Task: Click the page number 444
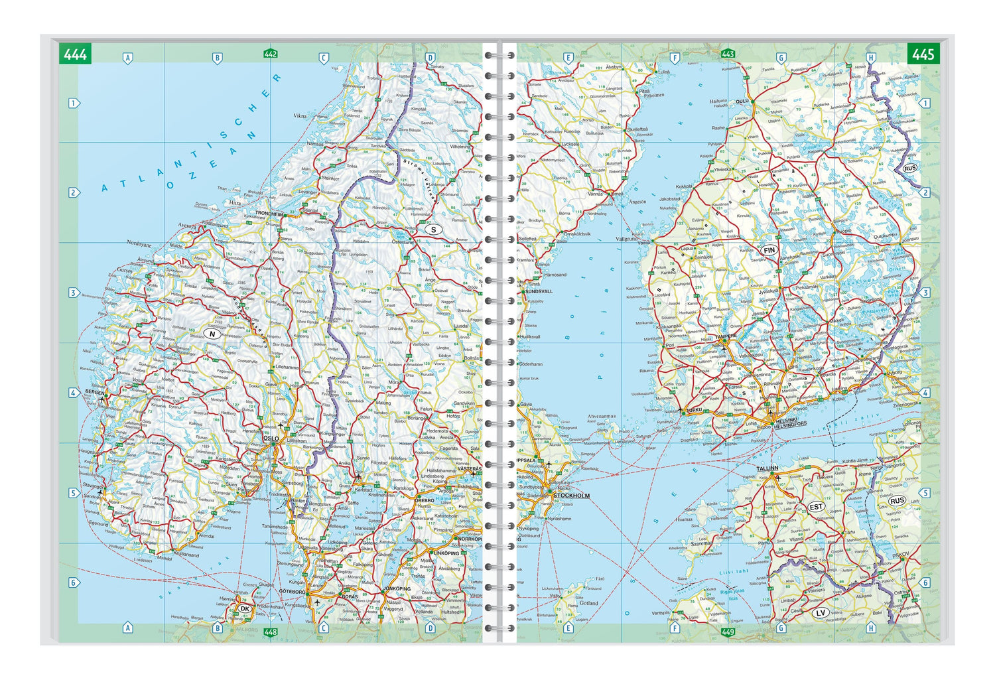[75, 54]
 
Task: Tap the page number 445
[923, 54]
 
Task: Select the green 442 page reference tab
[270, 54]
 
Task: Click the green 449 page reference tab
[728, 632]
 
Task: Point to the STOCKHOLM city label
[571, 496]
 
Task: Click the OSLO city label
[271, 439]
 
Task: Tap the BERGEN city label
[95, 393]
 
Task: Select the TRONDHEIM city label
[269, 215]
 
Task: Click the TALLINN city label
[767, 468]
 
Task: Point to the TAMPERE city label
[725, 336]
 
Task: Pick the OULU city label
[742, 102]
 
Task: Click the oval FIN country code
[769, 250]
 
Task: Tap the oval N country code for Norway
[212, 334]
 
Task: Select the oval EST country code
[816, 507]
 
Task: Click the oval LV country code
[821, 612]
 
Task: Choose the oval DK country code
[245, 608]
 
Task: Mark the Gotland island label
[588, 603]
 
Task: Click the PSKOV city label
[901, 555]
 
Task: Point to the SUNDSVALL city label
[538, 291]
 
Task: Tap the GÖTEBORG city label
[292, 591]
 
